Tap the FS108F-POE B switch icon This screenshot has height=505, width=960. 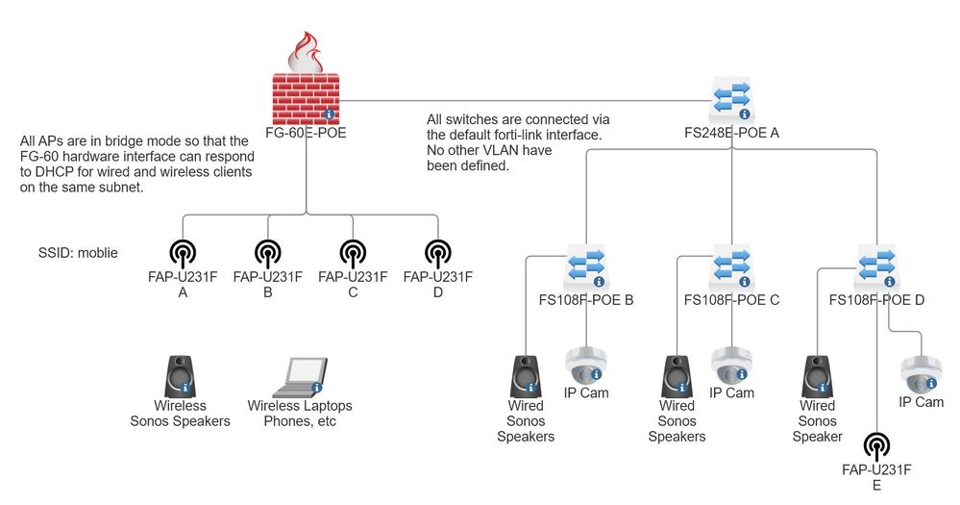[585, 266]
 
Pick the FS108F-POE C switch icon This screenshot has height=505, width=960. [732, 266]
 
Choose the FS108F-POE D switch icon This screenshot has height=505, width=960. [876, 266]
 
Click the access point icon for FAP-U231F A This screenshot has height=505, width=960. [183, 254]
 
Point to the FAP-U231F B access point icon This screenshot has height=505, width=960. [268, 254]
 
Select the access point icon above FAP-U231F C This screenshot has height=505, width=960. [353, 254]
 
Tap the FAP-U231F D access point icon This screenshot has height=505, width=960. [437, 254]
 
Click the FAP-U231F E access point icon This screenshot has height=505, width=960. [876, 446]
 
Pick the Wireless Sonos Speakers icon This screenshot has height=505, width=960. [180, 376]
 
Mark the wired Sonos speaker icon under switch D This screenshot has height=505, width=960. [817, 376]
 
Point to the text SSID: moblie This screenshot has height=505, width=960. [77, 254]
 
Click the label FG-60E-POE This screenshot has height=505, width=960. [306, 133]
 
